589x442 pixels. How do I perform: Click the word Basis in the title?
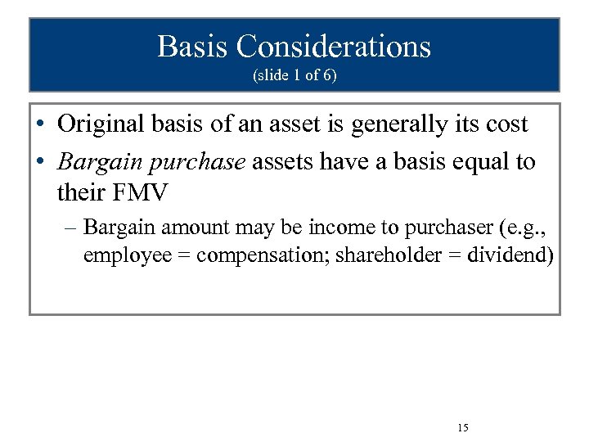tap(193, 47)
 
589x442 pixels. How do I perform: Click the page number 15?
tap(463, 428)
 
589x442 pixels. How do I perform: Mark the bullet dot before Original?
tap(40, 125)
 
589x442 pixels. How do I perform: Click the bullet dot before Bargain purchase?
tap(40, 162)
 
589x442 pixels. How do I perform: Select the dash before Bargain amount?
tap(72, 226)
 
